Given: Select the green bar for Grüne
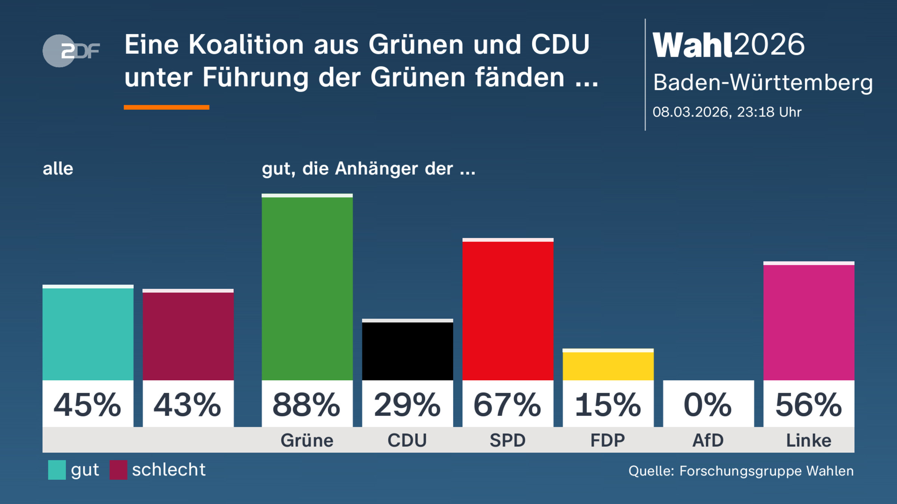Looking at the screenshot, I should (307, 287).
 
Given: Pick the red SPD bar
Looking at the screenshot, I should (508, 310).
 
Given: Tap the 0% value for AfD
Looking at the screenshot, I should (708, 405).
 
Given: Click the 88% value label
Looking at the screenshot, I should (307, 405).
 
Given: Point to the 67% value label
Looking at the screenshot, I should (508, 405).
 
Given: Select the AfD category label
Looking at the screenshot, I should (708, 441).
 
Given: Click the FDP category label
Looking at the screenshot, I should (608, 441).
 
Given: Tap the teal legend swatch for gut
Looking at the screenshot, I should (57, 470).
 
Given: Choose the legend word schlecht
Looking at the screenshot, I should (169, 470).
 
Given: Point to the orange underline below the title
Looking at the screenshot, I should (166, 108).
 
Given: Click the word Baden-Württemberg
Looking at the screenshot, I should (762, 83).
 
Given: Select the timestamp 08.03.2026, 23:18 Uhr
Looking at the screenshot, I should (727, 112).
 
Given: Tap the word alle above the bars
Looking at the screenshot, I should (58, 169).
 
